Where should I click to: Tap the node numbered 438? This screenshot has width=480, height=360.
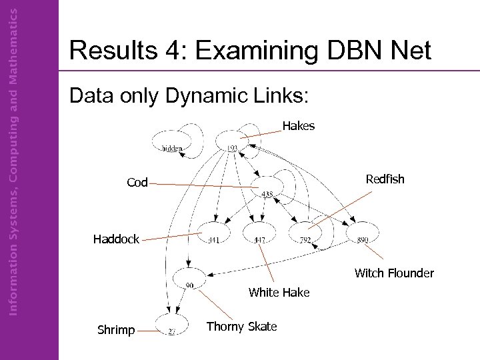coord(267,188)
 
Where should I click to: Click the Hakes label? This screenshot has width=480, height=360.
coord(298,125)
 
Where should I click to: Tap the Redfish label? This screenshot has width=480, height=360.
coord(385,179)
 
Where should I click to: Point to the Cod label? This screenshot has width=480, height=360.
coord(137,183)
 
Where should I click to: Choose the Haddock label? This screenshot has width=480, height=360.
coord(116,239)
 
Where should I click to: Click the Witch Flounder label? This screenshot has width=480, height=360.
coord(394,273)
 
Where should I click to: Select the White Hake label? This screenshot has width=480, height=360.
coord(279,292)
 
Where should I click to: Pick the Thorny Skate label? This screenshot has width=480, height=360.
coord(241,326)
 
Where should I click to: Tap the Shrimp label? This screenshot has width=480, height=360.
coord(116,329)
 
